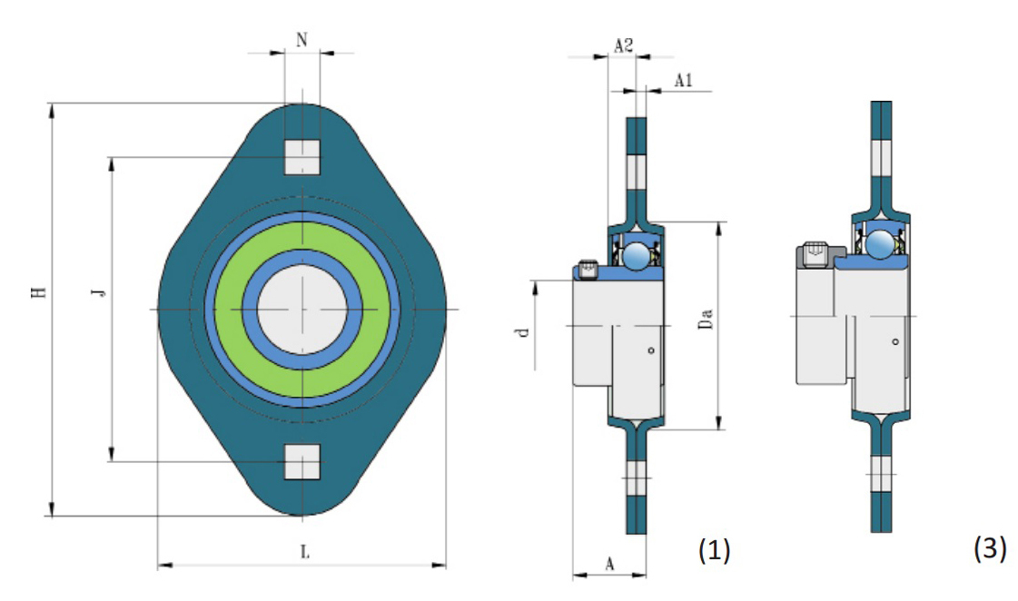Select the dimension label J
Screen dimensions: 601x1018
tap(100, 292)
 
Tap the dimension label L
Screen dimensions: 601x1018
tap(304, 550)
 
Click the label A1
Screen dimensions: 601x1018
tap(684, 81)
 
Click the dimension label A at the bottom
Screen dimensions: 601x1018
tap(610, 564)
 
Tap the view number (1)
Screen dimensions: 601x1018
tap(713, 548)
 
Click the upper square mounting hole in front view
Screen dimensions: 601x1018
tap(302, 157)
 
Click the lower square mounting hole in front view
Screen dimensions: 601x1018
tap(302, 461)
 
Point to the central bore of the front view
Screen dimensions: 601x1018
tap(301, 310)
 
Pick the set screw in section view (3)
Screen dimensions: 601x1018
tap(816, 256)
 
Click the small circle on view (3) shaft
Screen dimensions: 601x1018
tap(894, 342)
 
